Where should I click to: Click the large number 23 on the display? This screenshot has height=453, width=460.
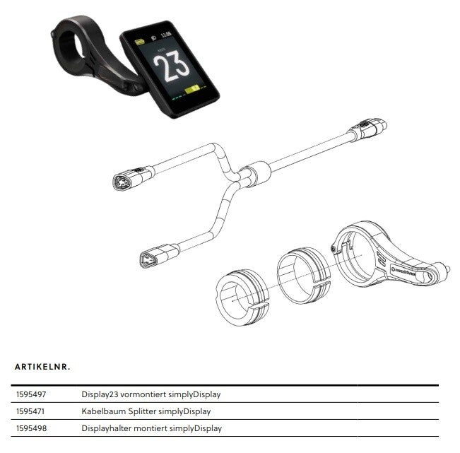point(172,69)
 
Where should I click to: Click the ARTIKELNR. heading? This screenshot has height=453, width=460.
point(43,367)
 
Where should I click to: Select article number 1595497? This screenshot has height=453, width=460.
point(30,394)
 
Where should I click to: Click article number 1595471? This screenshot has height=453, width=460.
point(30,411)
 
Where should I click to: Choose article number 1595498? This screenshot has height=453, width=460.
point(30,428)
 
